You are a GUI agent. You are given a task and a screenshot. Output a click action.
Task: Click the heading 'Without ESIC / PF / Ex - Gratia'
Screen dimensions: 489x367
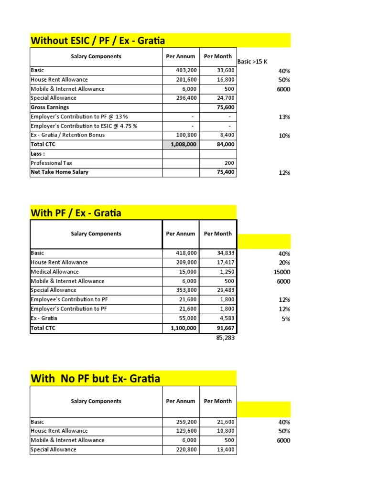[97, 40]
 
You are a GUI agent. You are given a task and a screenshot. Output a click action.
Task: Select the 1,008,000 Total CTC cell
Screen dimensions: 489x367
[181, 144]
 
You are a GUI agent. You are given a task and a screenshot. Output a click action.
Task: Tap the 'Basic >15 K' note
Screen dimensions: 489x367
[252, 62]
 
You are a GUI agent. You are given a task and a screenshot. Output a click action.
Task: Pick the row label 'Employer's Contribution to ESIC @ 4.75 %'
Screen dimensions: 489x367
[84, 126]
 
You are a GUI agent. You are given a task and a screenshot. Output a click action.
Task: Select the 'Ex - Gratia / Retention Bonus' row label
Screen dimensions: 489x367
[67, 135]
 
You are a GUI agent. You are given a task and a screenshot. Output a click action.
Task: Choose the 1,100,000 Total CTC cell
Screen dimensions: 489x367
[181, 328]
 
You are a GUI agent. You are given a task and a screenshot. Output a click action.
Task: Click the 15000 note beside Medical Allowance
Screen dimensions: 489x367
[281, 272]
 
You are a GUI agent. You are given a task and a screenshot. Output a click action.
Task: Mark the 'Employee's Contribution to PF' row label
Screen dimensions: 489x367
[68, 299]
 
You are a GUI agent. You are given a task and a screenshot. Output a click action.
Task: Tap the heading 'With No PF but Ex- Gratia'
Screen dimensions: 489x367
[95, 379]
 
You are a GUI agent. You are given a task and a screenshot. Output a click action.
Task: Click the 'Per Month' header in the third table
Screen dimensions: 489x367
[217, 401]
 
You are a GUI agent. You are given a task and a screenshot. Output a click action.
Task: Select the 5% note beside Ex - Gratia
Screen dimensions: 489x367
[286, 319]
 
